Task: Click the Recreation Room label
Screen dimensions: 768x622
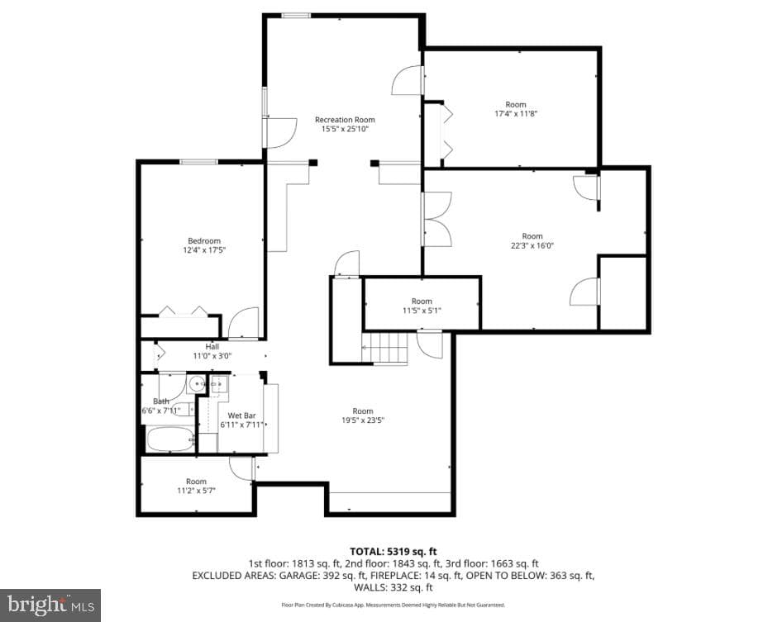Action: point(345,120)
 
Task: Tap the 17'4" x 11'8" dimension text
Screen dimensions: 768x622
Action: point(516,113)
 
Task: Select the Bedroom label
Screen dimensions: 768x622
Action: point(204,240)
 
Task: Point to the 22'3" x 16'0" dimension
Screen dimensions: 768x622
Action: point(532,245)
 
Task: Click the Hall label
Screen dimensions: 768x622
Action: point(212,346)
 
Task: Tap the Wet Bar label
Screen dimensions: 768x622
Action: point(241,415)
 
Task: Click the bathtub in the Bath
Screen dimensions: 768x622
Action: point(170,439)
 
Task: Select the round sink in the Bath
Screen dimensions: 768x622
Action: point(197,383)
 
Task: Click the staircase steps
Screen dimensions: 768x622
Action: point(385,349)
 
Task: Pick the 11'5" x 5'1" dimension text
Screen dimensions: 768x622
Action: point(422,311)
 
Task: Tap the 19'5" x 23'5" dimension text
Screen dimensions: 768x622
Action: point(362,420)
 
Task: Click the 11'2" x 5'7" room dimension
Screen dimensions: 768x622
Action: point(196,491)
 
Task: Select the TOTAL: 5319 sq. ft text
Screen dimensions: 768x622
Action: point(393,552)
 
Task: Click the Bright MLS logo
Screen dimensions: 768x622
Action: point(50,605)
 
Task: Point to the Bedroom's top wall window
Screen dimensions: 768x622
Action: point(198,162)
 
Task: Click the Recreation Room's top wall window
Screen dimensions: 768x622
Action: point(296,16)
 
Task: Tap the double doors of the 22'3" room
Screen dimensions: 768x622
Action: point(436,218)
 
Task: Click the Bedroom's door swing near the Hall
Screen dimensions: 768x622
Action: point(243,323)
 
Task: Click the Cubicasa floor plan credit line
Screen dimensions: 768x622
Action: point(393,605)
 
